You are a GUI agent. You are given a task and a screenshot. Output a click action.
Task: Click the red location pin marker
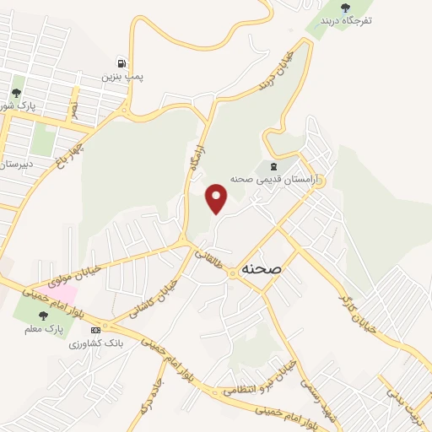click(218, 199)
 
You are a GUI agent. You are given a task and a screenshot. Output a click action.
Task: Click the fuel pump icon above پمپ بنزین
click(122, 63)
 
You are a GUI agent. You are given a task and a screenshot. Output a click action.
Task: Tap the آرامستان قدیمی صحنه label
click(265, 179)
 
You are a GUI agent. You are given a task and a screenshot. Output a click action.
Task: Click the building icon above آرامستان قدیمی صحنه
click(272, 165)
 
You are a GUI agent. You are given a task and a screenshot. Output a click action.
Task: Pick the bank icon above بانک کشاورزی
click(95, 329)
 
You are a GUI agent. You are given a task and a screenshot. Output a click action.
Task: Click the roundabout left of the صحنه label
click(232, 274)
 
